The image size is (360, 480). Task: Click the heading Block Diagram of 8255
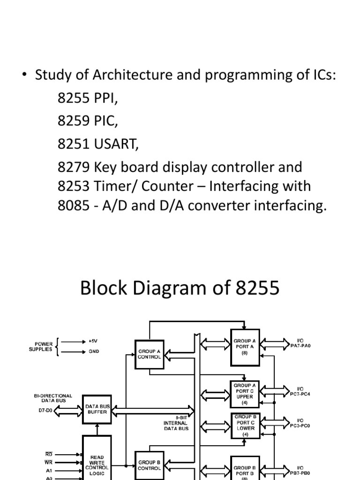point(180,288)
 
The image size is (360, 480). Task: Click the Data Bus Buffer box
point(97,409)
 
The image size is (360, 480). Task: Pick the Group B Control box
point(150,465)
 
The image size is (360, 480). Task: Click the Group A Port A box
point(245,347)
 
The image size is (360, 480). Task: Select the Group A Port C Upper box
point(245,394)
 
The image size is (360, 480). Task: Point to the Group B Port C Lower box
point(245,425)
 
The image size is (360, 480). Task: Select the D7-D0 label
point(46,410)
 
